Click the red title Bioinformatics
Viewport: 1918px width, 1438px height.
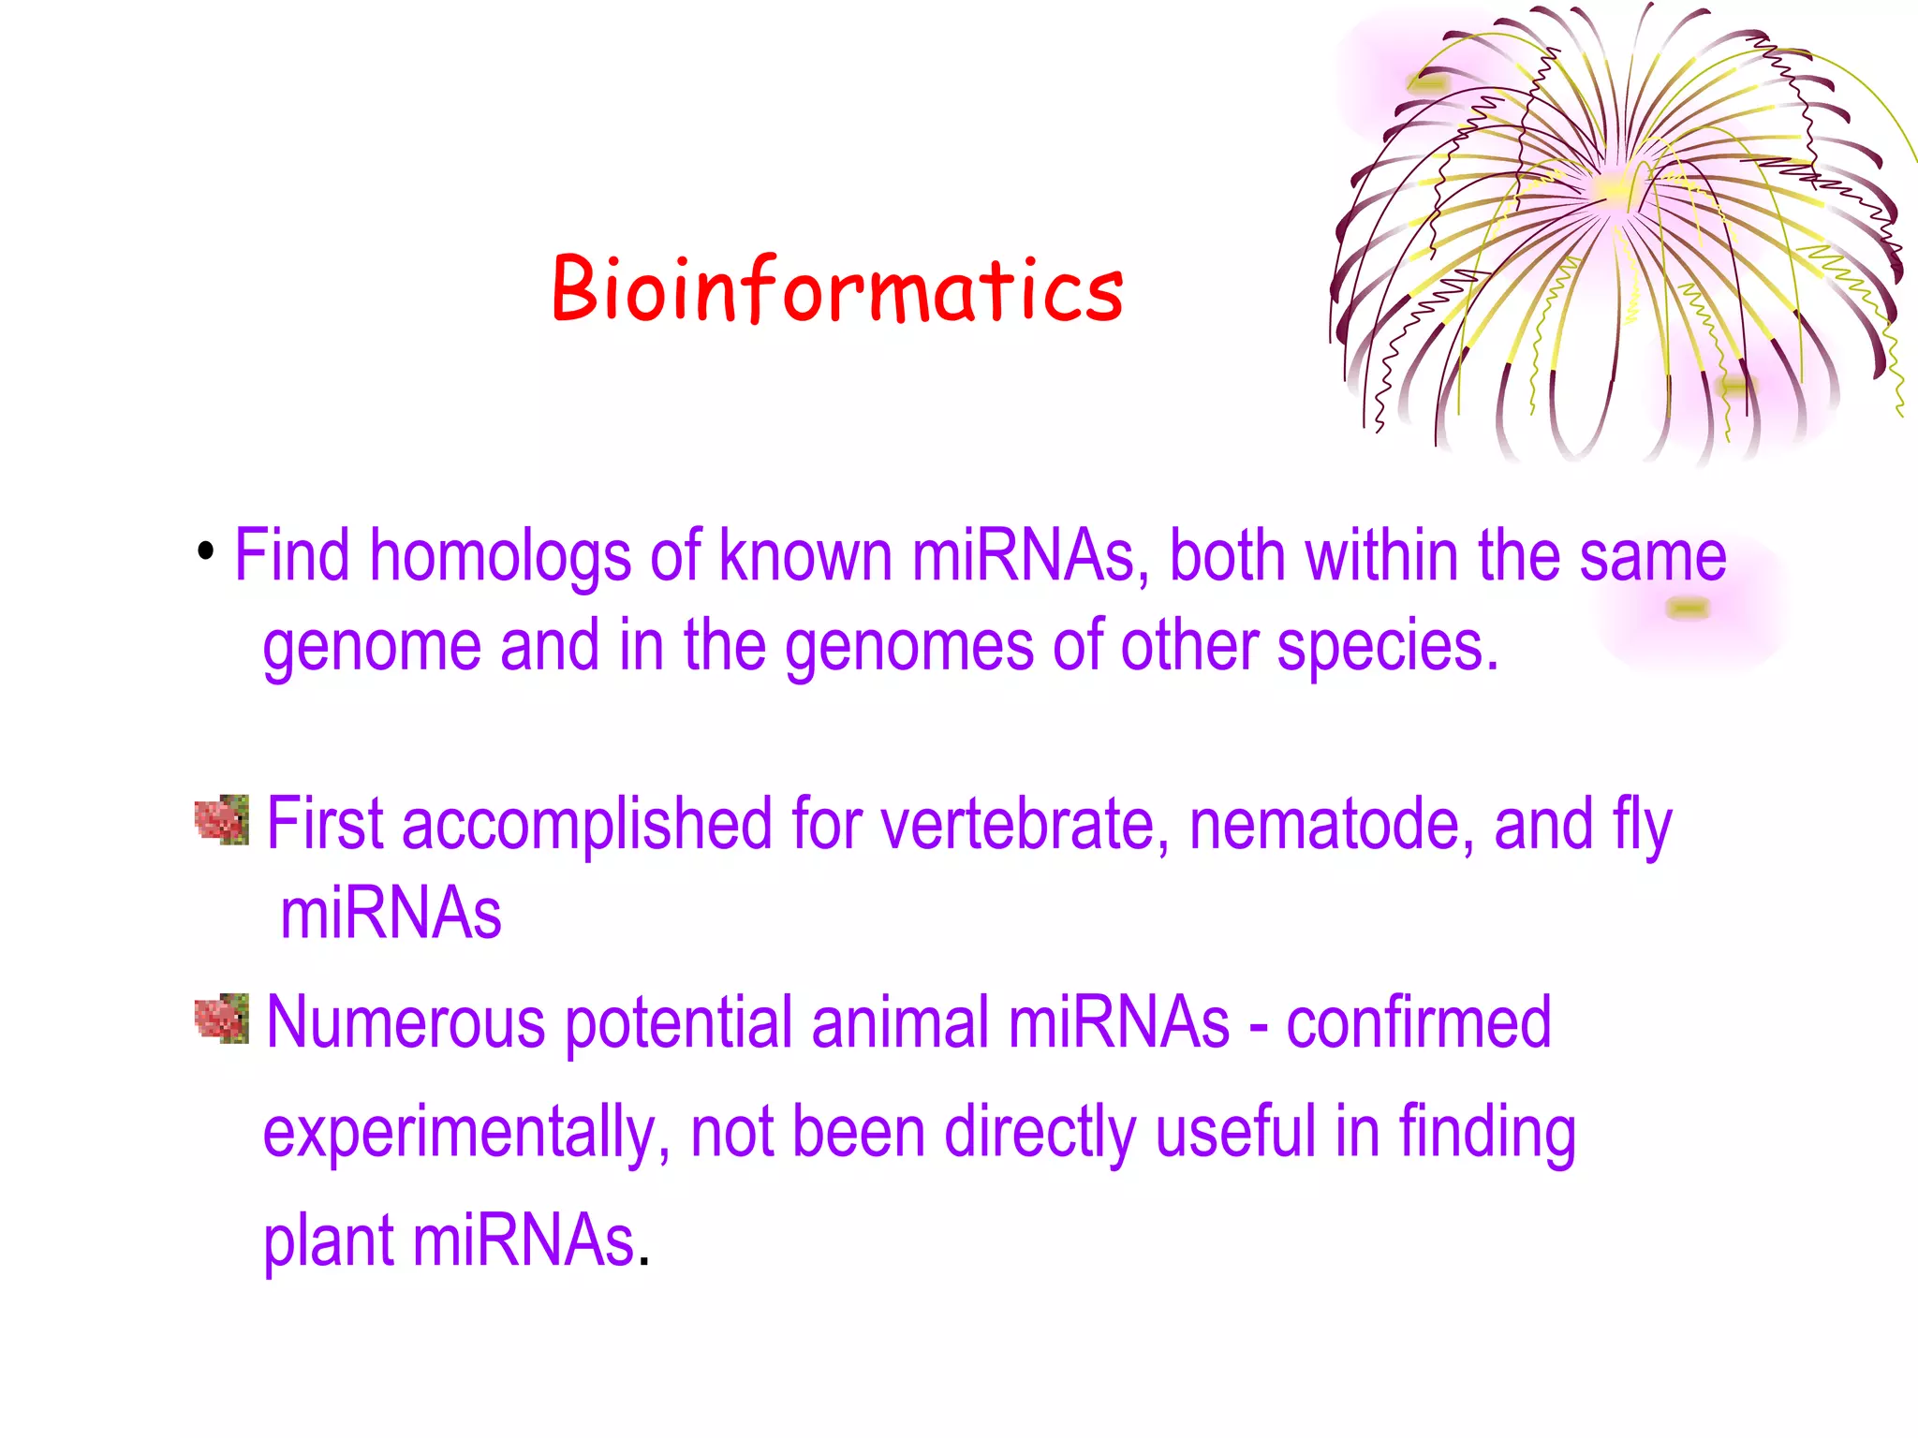(837, 289)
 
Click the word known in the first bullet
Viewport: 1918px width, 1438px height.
(805, 555)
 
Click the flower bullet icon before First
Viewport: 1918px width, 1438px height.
(222, 820)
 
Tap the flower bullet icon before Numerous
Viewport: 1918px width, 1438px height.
(222, 1019)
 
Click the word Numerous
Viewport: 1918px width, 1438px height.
(406, 1022)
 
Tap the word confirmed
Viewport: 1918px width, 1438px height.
(1418, 1022)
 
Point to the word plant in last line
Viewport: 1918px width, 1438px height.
(328, 1242)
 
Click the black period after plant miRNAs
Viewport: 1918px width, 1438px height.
(643, 1262)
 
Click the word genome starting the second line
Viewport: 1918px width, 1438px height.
(371, 648)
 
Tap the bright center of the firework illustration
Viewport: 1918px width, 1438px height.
(1616, 187)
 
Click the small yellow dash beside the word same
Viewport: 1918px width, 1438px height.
(1689, 609)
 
